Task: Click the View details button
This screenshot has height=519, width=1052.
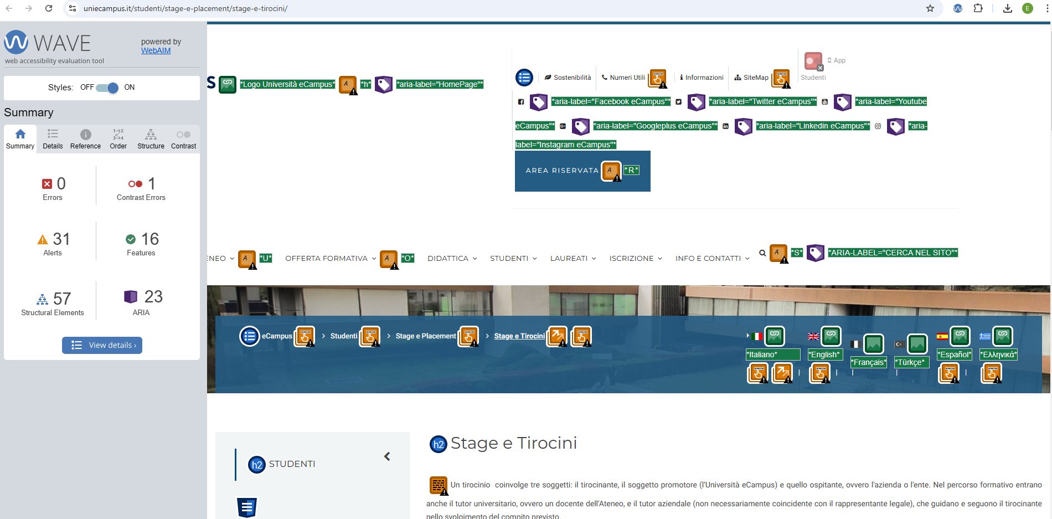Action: pyautogui.click(x=102, y=345)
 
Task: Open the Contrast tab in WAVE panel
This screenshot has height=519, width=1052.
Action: pyautogui.click(x=183, y=139)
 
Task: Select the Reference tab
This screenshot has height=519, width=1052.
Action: pyautogui.click(x=85, y=139)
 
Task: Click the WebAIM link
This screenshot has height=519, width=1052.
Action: pyautogui.click(x=156, y=50)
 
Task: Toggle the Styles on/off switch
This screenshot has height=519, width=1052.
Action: pyautogui.click(x=107, y=88)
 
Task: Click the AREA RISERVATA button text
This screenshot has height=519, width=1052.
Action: pyautogui.click(x=562, y=171)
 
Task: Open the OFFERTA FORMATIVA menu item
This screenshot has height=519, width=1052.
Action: pyautogui.click(x=326, y=258)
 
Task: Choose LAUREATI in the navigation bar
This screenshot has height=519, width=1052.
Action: pyautogui.click(x=569, y=258)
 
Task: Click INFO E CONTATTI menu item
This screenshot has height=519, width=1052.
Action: pyautogui.click(x=708, y=258)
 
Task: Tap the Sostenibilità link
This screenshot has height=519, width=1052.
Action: pyautogui.click(x=572, y=78)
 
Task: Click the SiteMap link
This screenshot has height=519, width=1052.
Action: pyautogui.click(x=756, y=78)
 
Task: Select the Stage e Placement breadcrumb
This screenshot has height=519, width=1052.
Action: pyautogui.click(x=426, y=336)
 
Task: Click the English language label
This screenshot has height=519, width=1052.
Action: pyautogui.click(x=825, y=354)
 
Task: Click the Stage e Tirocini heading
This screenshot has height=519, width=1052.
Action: pyautogui.click(x=513, y=443)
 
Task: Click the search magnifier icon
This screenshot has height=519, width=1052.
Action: pyautogui.click(x=762, y=253)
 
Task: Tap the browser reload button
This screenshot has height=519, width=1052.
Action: pyautogui.click(x=49, y=8)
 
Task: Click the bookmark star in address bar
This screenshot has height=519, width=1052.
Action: pyautogui.click(x=930, y=8)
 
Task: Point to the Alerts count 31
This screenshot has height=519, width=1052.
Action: pyautogui.click(x=61, y=239)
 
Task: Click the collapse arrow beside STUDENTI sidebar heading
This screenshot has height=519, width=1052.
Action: pyautogui.click(x=387, y=456)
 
